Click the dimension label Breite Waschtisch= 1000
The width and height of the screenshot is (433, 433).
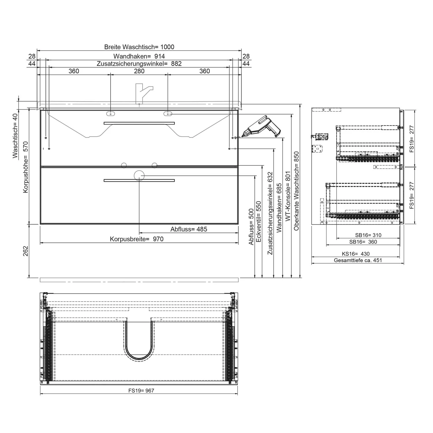(x=139, y=47)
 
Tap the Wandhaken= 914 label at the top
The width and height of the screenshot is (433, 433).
(x=139, y=56)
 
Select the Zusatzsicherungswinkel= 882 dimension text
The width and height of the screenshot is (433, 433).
(x=139, y=64)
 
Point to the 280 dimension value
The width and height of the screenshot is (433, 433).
(x=139, y=71)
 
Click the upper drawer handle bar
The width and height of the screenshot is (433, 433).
(x=139, y=123)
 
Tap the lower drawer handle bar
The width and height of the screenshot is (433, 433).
(x=139, y=180)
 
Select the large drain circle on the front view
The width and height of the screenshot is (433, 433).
(x=139, y=175)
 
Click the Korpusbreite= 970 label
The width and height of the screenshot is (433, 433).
(x=137, y=239)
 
